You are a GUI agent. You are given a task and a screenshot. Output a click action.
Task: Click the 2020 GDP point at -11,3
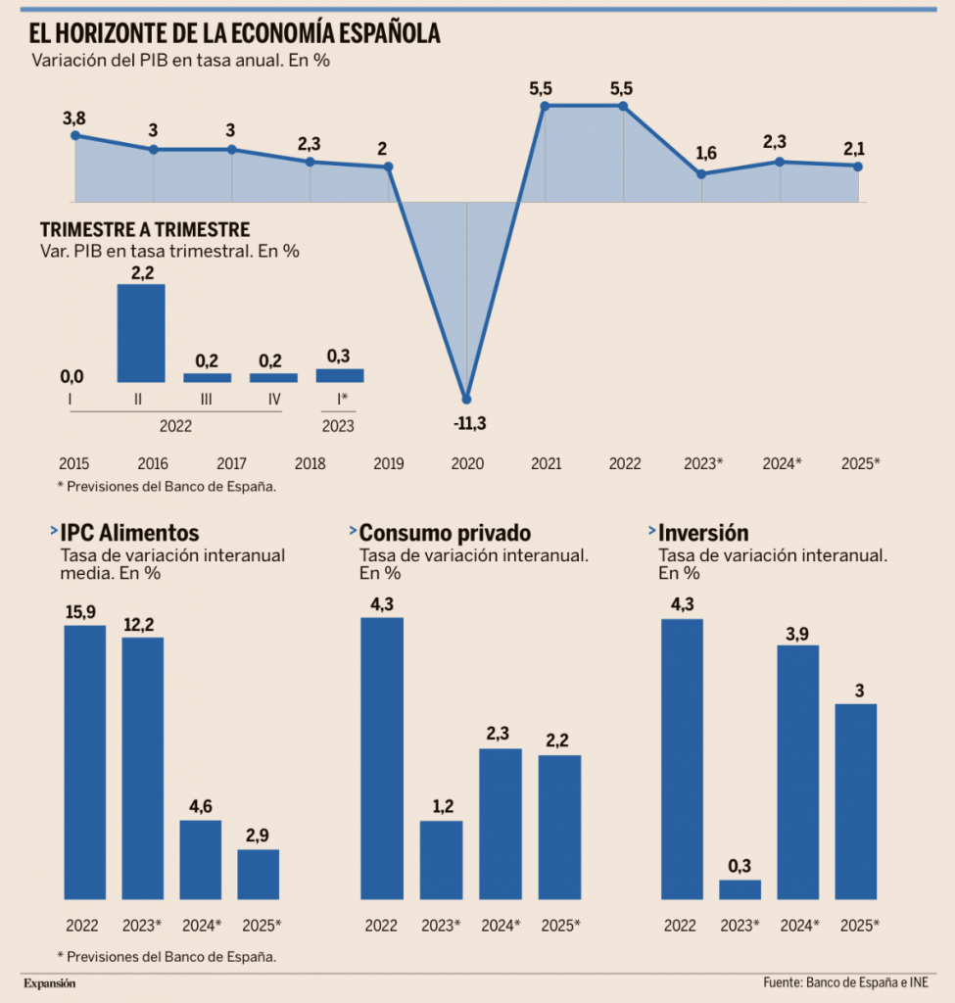tap(466, 399)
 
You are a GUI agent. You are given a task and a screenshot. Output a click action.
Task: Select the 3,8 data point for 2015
tap(75, 135)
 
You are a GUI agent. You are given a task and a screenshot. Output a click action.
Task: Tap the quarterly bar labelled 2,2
tap(141, 333)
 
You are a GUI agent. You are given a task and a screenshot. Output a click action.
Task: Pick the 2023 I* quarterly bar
tap(340, 375)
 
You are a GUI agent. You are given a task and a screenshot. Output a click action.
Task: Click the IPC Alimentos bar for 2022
tap(85, 761)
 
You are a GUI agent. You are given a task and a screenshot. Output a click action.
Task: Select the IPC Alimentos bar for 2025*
tap(259, 874)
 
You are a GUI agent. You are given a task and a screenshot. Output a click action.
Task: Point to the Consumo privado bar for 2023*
tap(442, 859)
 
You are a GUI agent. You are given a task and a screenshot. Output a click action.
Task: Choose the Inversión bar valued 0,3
tap(740, 888)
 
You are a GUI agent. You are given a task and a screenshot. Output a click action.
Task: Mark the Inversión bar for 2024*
tap(797, 771)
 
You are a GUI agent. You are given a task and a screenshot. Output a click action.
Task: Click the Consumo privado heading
tap(445, 533)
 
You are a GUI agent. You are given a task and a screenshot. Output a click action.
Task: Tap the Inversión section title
tap(703, 533)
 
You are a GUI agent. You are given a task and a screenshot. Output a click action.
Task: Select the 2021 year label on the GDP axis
tap(545, 461)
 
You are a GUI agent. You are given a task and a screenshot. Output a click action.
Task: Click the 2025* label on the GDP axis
tap(860, 461)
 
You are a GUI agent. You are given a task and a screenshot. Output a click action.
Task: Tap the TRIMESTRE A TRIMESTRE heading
tap(145, 230)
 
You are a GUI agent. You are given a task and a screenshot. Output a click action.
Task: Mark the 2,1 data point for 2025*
tap(857, 166)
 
